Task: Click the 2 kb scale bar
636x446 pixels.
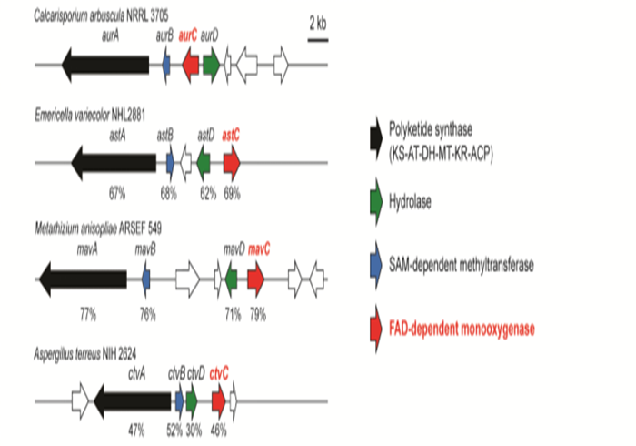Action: [x=318, y=39]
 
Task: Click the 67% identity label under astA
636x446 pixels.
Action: [x=116, y=193]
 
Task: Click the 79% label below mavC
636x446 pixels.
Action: [x=258, y=315]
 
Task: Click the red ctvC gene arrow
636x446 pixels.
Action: [x=218, y=398]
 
